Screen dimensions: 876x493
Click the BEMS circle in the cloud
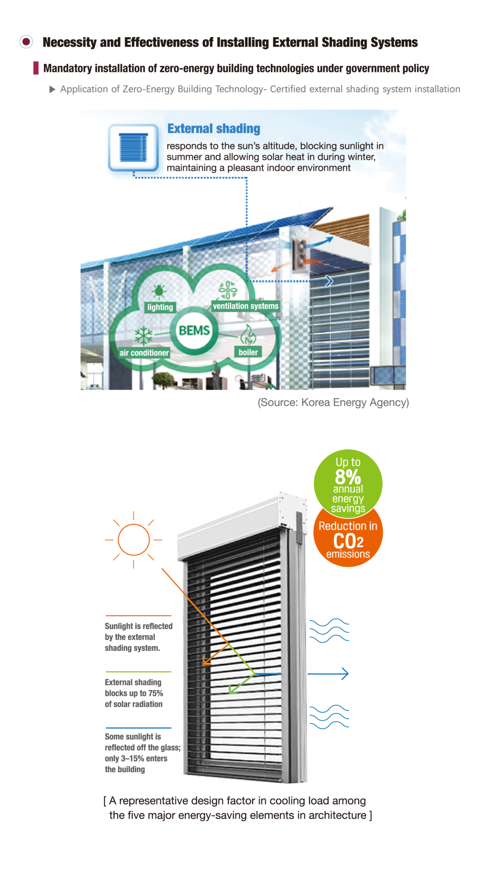tap(194, 331)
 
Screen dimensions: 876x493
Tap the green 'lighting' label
tap(160, 307)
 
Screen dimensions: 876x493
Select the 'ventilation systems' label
tap(246, 306)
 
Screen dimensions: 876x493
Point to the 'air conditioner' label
tap(144, 353)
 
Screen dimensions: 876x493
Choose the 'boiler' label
tap(248, 352)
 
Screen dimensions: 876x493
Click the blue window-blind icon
tap(133, 148)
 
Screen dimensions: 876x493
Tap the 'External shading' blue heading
tap(214, 129)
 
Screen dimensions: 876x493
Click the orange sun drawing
tap(134, 540)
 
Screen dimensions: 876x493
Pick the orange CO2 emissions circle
tap(348, 541)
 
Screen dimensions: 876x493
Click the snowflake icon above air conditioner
tap(144, 336)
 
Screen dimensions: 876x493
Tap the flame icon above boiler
tap(248, 334)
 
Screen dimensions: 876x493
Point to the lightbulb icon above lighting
tap(159, 291)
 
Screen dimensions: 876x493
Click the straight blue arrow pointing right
tap(328, 674)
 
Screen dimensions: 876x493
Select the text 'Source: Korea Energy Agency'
tap(333, 402)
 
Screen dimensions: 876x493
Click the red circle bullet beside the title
tap(27, 42)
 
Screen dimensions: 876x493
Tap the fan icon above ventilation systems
tap(228, 290)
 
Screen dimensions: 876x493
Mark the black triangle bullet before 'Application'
tap(52, 89)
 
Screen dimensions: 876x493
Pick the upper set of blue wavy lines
tap(329, 630)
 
